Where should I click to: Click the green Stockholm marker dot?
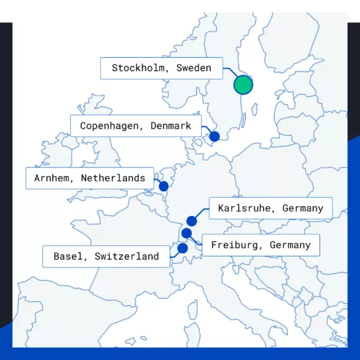click(243, 84)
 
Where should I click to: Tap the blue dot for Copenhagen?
click(215, 136)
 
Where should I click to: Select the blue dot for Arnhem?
click(163, 186)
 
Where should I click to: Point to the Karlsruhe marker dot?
click(192, 221)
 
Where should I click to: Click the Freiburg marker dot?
click(186, 233)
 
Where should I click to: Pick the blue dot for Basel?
click(183, 248)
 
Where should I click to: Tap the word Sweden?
click(194, 67)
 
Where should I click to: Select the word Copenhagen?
click(109, 126)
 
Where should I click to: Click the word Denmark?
click(170, 126)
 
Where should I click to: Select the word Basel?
click(68, 256)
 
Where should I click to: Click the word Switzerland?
click(127, 256)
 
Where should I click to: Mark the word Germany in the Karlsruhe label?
click(302, 208)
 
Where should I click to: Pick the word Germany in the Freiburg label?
click(290, 245)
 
